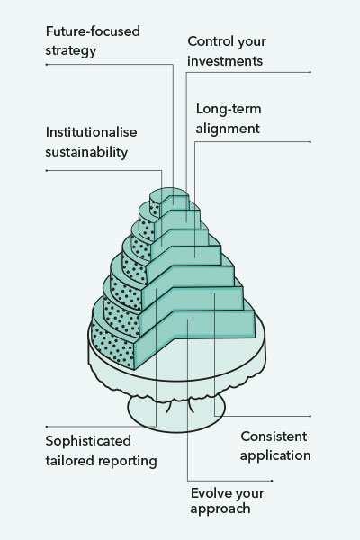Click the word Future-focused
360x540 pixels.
pos(93,31)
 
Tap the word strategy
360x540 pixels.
pos(70,51)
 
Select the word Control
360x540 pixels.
pos(210,41)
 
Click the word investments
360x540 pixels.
pos(225,61)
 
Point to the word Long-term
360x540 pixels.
pos(229,109)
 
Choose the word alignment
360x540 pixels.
pos(228,129)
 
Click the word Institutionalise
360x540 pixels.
pos(91,132)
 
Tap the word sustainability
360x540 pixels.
pos(86,152)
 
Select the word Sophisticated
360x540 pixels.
pos(88,441)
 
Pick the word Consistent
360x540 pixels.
pos(274,436)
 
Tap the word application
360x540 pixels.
pos(275,456)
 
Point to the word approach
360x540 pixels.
pos(220,509)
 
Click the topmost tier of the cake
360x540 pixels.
pos(169,202)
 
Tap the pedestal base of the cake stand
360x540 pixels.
pos(175,413)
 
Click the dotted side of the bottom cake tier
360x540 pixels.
pos(112,345)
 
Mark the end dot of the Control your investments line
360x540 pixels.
pos(310,72)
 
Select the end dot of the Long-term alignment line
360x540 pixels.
pos(310,141)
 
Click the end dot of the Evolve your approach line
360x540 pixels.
pos(272,481)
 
